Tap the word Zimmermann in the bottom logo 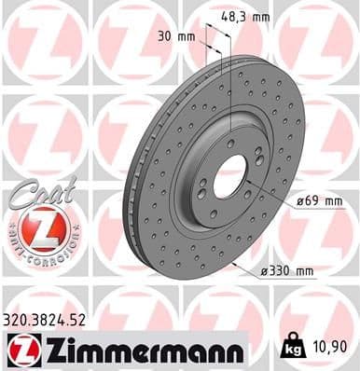pos(140,350)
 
